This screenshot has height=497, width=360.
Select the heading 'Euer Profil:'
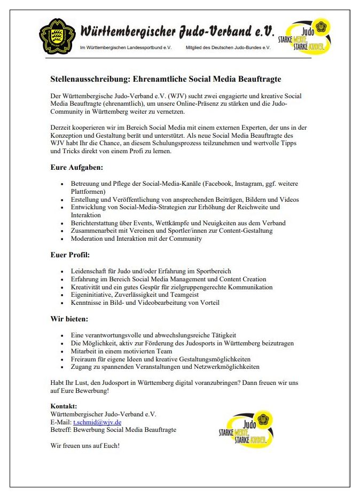pyautogui.click(x=70, y=255)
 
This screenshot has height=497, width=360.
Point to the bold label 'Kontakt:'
pyautogui.click(x=64, y=406)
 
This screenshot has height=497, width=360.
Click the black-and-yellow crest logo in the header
pyautogui.click(x=58, y=36)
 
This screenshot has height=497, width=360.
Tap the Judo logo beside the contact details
pyautogui.click(x=246, y=428)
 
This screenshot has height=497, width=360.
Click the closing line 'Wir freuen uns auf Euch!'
pyautogui.click(x=85, y=445)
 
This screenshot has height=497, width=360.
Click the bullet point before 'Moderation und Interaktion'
pyautogui.click(x=64, y=239)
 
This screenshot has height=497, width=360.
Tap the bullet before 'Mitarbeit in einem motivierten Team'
pyautogui.click(x=64, y=351)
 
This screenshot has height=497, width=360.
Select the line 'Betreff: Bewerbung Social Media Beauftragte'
pyautogui.click(x=113, y=430)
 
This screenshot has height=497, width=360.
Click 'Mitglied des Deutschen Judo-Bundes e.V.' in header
pyautogui.click(x=228, y=48)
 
